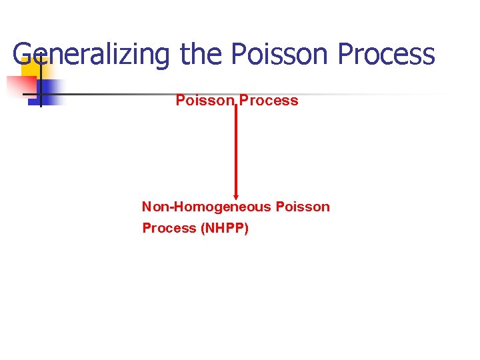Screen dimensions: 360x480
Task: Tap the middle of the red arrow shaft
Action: (x=235, y=150)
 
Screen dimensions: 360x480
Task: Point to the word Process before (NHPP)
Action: (x=169, y=229)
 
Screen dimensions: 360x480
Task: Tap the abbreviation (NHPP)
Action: (x=224, y=229)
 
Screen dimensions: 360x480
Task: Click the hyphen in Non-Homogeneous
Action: (x=170, y=207)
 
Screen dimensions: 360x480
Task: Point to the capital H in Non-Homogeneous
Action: (x=178, y=207)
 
